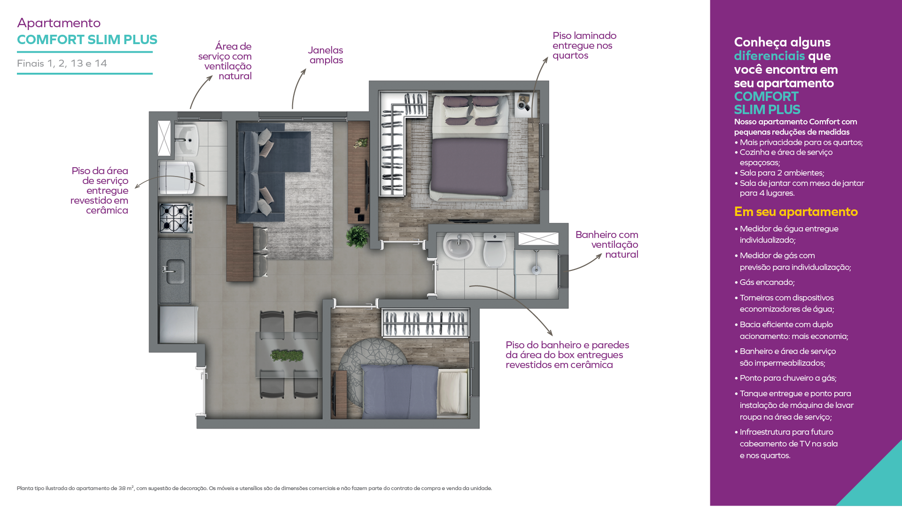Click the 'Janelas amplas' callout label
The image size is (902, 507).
point(326,55)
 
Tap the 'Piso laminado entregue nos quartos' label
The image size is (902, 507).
point(584,46)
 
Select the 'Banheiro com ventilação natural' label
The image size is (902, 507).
point(607,245)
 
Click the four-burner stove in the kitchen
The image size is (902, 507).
point(176,218)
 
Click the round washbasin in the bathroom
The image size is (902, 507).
point(459,246)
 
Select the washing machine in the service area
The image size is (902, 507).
point(177,177)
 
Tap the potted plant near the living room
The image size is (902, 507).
point(358,236)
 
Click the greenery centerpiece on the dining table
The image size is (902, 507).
point(287,355)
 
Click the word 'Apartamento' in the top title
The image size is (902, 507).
point(59,23)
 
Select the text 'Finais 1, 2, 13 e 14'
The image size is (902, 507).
point(62,63)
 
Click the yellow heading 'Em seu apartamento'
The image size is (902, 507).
point(796,212)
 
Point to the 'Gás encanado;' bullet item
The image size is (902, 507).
point(767,282)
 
